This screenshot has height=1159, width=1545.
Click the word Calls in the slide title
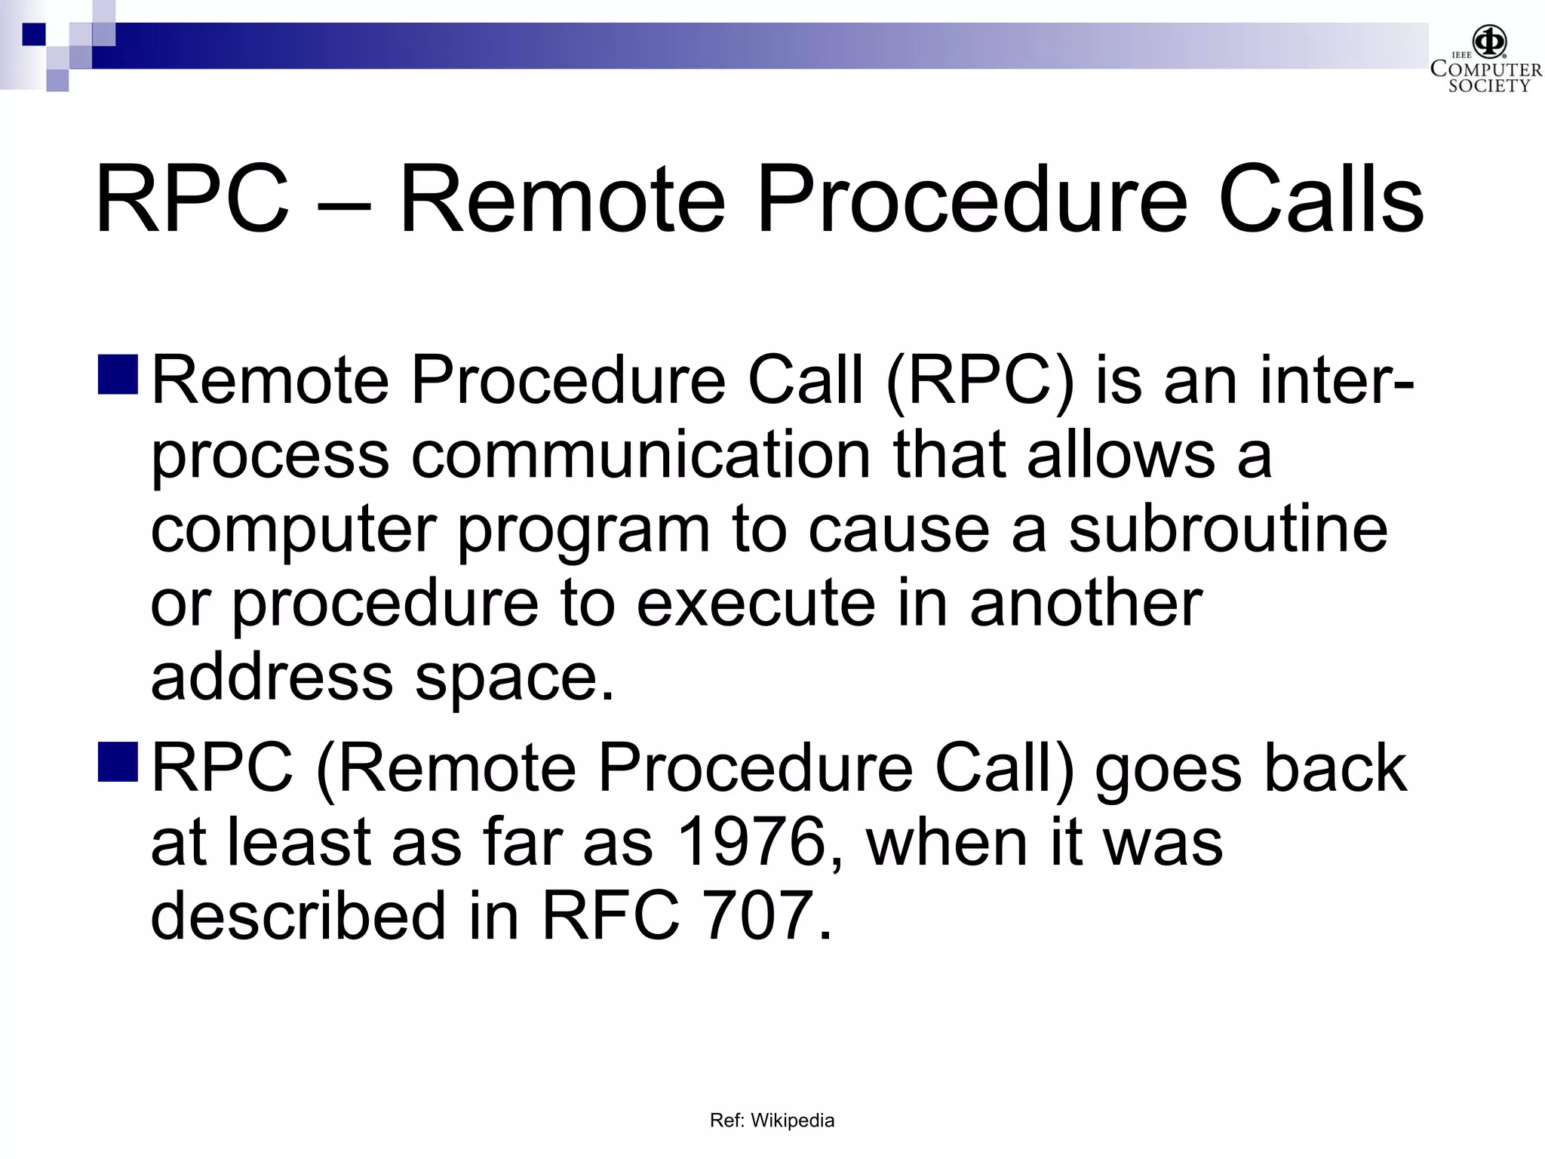coord(1320,201)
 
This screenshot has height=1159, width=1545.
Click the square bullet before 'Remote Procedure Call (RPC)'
coord(118,375)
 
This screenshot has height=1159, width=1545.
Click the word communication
coord(640,455)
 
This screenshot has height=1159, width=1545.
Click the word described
coord(299,915)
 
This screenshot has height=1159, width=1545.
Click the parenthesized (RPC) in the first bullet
coord(980,382)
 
